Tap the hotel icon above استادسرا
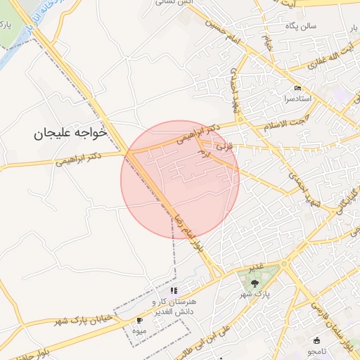click(x=298, y=89)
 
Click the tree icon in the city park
click(x=255, y=283)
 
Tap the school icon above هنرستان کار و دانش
click(x=174, y=290)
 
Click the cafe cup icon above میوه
click(x=139, y=321)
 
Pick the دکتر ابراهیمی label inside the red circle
click(x=199, y=134)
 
